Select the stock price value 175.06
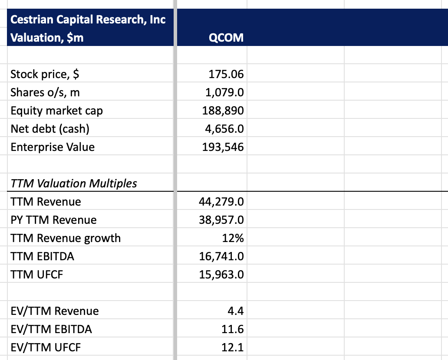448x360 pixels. pos(226,75)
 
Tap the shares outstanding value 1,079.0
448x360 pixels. pos(224,93)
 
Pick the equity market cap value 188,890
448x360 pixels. pos(223,111)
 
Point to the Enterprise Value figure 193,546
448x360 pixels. pos(223,147)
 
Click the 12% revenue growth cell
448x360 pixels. pos(233,238)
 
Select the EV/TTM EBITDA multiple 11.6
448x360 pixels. pos(233,329)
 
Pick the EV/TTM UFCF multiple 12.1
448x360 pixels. pos(233,347)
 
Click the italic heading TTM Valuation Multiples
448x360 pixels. pos(74,183)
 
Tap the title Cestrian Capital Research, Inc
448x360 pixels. pos(88,20)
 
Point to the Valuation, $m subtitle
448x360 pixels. pos(47,38)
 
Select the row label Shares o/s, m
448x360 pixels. pos(45,93)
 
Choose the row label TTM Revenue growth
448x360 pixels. pos(66,238)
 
